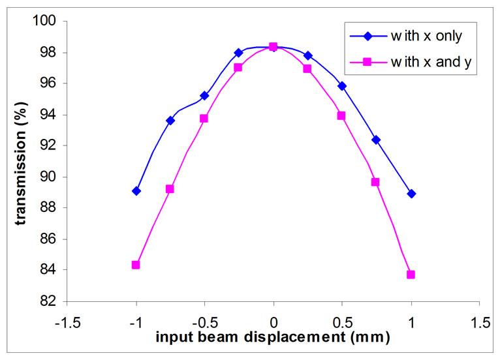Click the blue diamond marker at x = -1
[136, 191]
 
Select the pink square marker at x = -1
[136, 265]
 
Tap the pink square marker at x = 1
[411, 275]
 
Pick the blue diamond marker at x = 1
[411, 194]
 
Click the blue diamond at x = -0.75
[170, 121]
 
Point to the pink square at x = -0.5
[204, 119]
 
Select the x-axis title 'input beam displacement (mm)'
[273, 338]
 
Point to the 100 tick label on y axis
[50, 22]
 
